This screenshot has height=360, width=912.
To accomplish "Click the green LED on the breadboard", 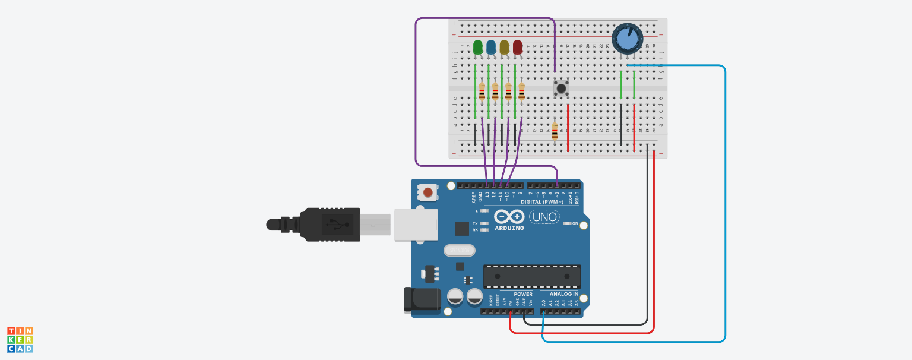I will point(478,47).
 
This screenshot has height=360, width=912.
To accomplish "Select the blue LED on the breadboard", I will point(491,47).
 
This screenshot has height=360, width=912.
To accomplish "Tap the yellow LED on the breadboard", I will point(504,47).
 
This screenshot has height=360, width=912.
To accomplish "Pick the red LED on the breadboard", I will point(518,47).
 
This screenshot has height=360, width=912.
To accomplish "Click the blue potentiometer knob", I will point(627,39).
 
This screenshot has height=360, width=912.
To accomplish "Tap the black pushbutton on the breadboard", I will point(561,88).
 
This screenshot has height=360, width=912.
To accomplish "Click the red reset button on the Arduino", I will point(427,192).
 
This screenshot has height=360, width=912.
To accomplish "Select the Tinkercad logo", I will point(20,339).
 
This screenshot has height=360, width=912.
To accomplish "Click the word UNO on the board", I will point(544,217).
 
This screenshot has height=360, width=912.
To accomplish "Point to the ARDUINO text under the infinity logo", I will point(509,228).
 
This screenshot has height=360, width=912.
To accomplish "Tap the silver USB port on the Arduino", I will point(416,225).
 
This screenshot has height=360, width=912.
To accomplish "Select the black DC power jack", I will point(422,300).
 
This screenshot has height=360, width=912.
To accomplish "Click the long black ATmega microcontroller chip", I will point(532,276).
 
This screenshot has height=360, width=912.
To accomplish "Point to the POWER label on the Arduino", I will point(522,294).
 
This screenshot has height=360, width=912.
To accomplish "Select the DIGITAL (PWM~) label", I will point(541,202).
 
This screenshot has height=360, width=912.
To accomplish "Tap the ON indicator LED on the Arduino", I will point(567,223).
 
